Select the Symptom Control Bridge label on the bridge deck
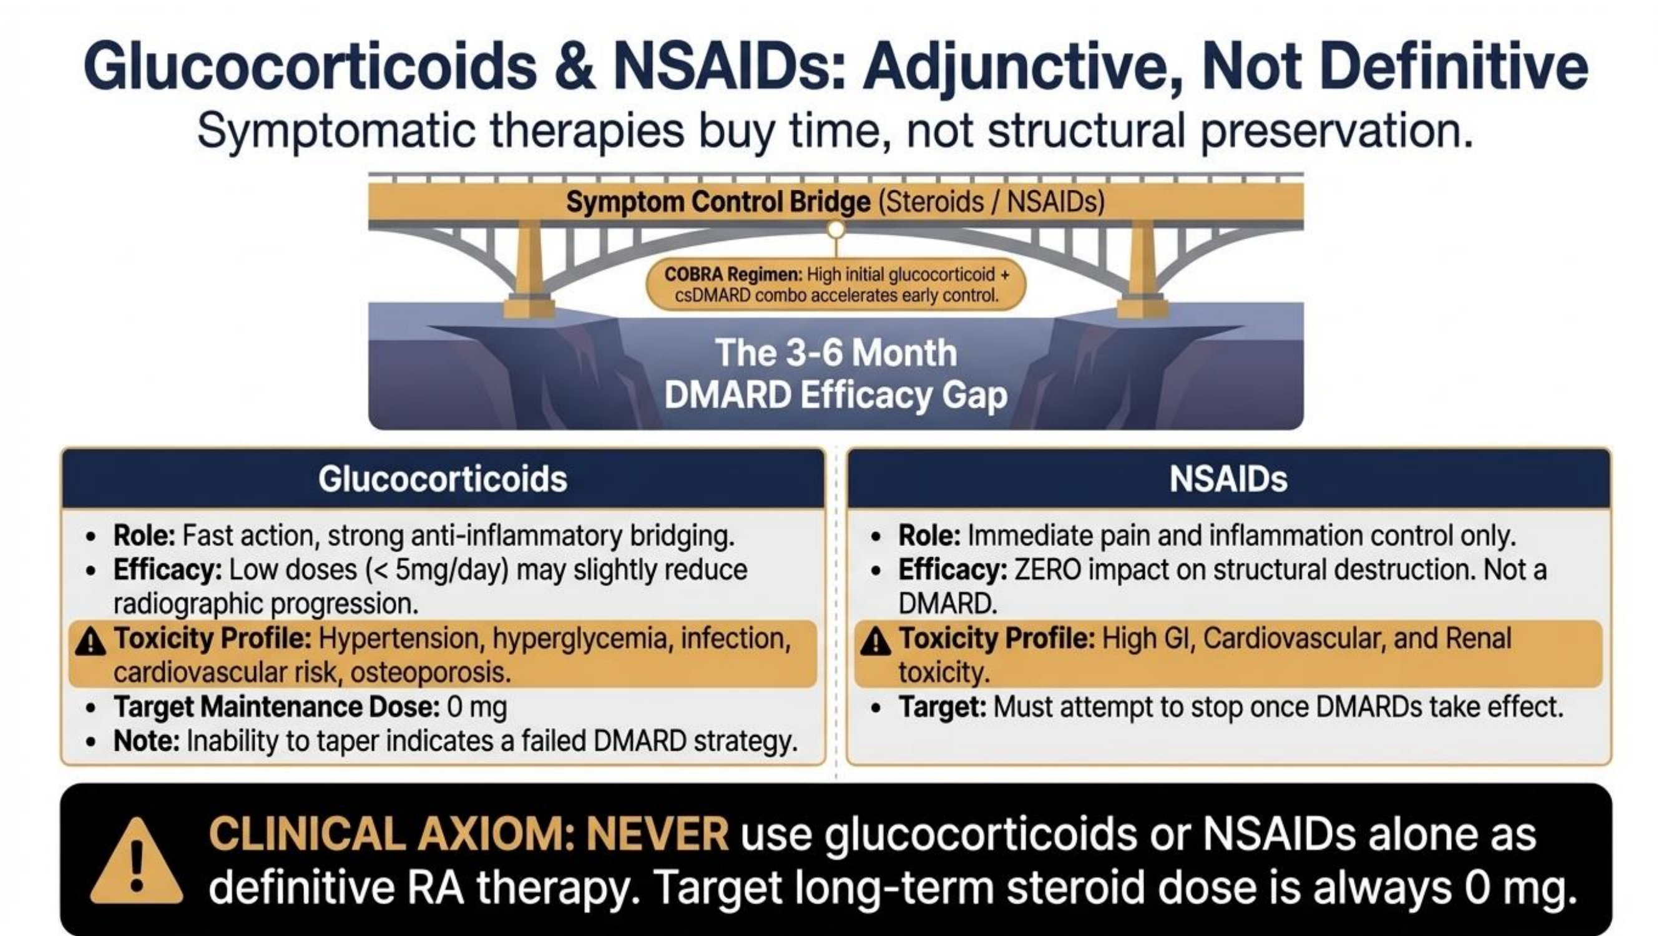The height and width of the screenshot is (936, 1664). pos(835,202)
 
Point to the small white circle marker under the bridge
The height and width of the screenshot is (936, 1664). pos(836,229)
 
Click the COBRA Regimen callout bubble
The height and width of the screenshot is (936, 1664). pos(836,285)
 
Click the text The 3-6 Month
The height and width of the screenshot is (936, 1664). pos(836,353)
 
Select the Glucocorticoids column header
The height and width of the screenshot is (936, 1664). pos(443,479)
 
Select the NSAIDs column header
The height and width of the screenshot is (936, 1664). pos(1228,479)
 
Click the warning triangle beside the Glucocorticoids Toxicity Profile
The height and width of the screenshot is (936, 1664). pos(91,641)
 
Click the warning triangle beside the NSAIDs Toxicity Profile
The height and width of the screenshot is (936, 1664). pos(876,641)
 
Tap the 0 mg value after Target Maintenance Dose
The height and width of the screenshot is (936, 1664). pos(477,708)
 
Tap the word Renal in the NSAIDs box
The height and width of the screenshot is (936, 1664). pos(1479,638)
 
